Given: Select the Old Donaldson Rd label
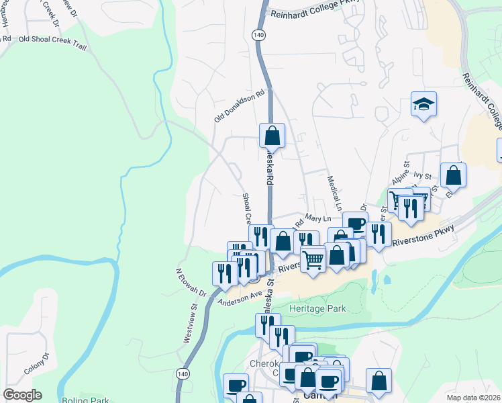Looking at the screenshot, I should [x=240, y=107].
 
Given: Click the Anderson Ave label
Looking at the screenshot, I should [x=240, y=297].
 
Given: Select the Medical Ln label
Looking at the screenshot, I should [x=334, y=191].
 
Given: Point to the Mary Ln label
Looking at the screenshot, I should [x=318, y=218].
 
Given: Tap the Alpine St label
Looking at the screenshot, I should [x=401, y=175].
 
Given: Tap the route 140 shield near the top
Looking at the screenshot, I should [x=259, y=34].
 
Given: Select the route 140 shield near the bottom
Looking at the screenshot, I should [x=183, y=373].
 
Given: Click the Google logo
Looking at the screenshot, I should [x=22, y=394].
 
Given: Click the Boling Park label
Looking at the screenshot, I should [x=85, y=400].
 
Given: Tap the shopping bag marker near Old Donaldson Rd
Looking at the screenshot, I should [x=272, y=136].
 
